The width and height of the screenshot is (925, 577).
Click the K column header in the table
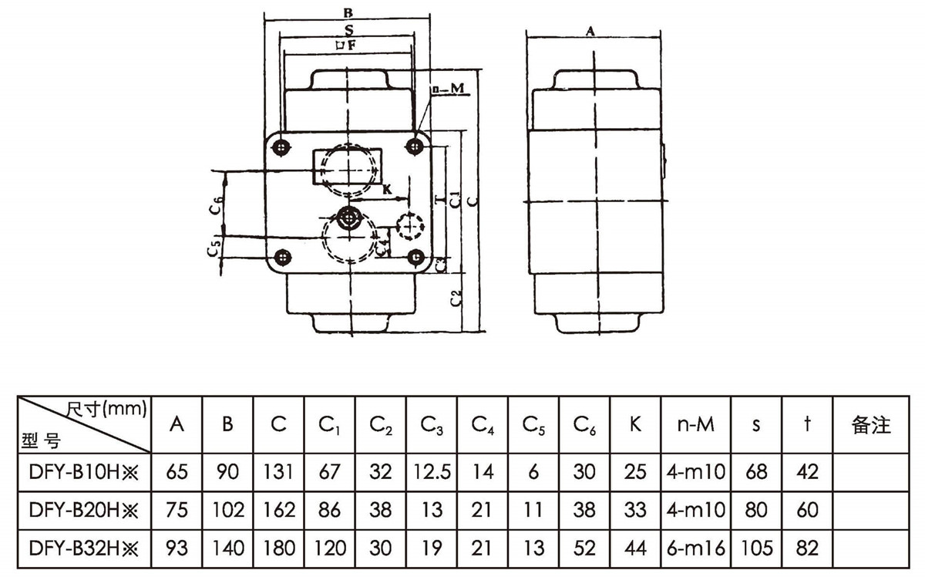(635, 424)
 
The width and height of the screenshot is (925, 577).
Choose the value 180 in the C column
(278, 548)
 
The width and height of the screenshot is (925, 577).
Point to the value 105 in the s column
(757, 548)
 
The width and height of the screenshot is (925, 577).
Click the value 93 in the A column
(177, 548)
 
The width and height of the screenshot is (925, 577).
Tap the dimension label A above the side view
(590, 30)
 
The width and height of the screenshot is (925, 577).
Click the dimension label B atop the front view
(348, 12)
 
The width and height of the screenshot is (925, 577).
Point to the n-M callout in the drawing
(446, 90)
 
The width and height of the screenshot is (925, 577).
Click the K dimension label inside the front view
(387, 187)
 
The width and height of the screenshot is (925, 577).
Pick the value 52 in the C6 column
(584, 548)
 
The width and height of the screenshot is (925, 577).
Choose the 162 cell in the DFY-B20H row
(278, 510)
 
